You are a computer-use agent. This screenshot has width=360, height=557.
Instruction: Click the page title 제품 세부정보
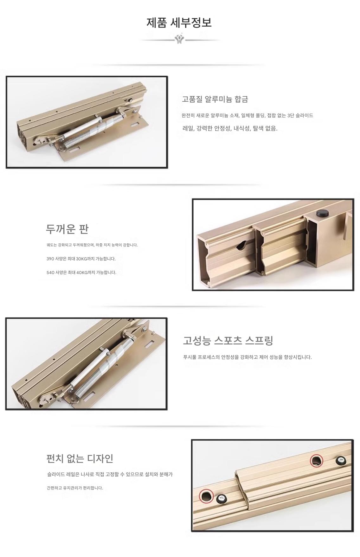click(179, 22)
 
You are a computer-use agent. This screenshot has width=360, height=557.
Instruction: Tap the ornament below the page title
click(180, 39)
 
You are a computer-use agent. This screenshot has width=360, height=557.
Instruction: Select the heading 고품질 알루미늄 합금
click(215, 99)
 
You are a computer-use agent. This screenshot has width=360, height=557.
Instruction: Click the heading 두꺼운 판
click(67, 229)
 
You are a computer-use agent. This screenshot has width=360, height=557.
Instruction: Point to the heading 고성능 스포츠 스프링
click(228, 340)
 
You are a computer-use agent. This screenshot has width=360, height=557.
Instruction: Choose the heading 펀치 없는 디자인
click(80, 458)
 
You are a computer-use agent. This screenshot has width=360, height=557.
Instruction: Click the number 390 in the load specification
click(50, 259)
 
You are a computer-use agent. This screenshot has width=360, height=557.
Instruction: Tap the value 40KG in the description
click(82, 272)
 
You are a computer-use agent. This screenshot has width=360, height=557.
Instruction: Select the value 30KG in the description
click(82, 259)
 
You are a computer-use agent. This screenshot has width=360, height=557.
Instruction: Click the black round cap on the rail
click(322, 213)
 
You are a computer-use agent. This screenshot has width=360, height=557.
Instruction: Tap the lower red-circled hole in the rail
click(206, 495)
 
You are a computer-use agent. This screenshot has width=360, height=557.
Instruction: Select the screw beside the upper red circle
click(341, 461)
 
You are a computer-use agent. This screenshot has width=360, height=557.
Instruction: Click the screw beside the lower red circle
click(222, 500)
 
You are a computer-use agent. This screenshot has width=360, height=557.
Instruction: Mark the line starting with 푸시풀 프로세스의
click(248, 357)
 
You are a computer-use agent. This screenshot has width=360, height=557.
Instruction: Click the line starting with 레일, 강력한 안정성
click(230, 128)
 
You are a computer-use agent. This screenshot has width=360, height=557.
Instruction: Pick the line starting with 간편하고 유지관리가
click(75, 488)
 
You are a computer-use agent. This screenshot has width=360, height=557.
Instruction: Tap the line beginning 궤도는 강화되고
click(92, 245)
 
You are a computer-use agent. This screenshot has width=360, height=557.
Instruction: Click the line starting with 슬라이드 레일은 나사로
click(110, 474)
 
